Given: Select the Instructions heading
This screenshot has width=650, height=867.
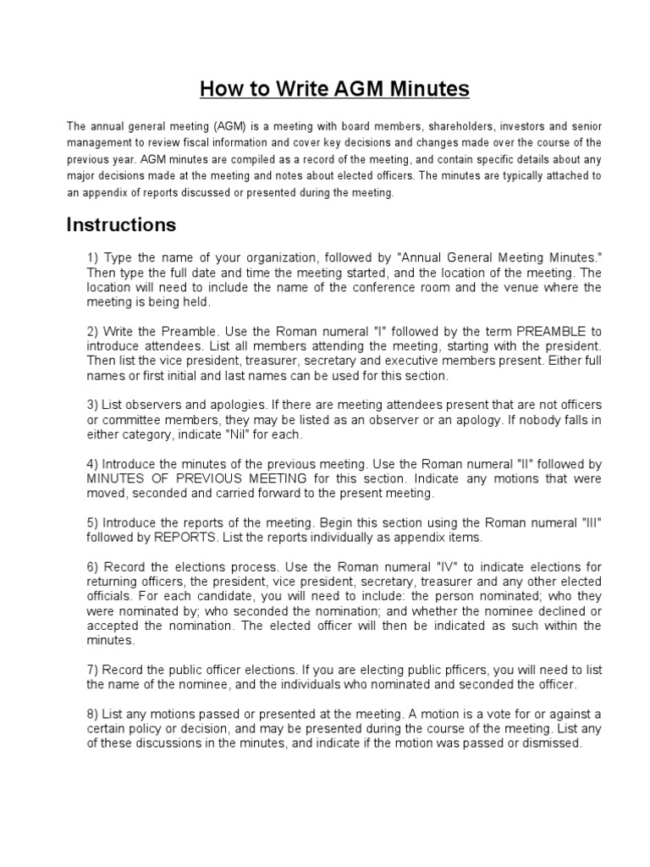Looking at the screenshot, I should point(121,224).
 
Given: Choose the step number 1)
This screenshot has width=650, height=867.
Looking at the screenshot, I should point(92,257).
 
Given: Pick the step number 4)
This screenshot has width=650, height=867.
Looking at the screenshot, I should point(92,464).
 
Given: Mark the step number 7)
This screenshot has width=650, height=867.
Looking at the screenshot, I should point(92,670).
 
